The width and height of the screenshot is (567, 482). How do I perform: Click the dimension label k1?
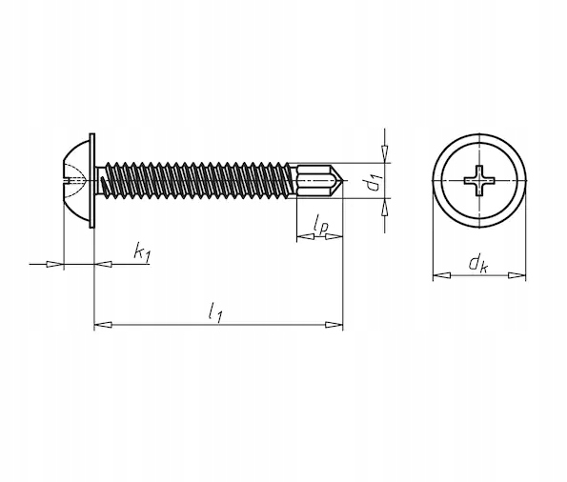click(142, 252)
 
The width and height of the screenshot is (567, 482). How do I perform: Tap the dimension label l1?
click(214, 312)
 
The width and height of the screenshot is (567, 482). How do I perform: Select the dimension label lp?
click(321, 224)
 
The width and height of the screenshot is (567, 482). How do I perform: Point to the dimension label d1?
click(375, 182)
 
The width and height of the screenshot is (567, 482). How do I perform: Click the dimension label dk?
click(478, 264)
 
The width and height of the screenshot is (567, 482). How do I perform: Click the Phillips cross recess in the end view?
click(479, 180)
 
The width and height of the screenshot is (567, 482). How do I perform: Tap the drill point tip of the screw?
click(342, 180)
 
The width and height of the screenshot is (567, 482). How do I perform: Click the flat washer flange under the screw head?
click(91, 180)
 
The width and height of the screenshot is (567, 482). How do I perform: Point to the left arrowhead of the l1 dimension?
click(103, 325)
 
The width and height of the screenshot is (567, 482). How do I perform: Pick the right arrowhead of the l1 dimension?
click(334, 325)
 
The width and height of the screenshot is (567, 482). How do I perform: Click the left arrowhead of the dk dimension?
click(442, 275)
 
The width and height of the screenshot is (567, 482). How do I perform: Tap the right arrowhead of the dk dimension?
click(517, 275)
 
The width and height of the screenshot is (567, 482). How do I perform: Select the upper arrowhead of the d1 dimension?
click(386, 154)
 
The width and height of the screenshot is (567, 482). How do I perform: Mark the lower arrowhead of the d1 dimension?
click(386, 207)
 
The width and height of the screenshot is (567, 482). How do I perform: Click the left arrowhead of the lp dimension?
click(306, 237)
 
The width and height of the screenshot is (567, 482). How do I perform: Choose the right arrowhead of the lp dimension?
click(334, 237)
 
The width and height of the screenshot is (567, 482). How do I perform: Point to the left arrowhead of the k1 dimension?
click(55, 264)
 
